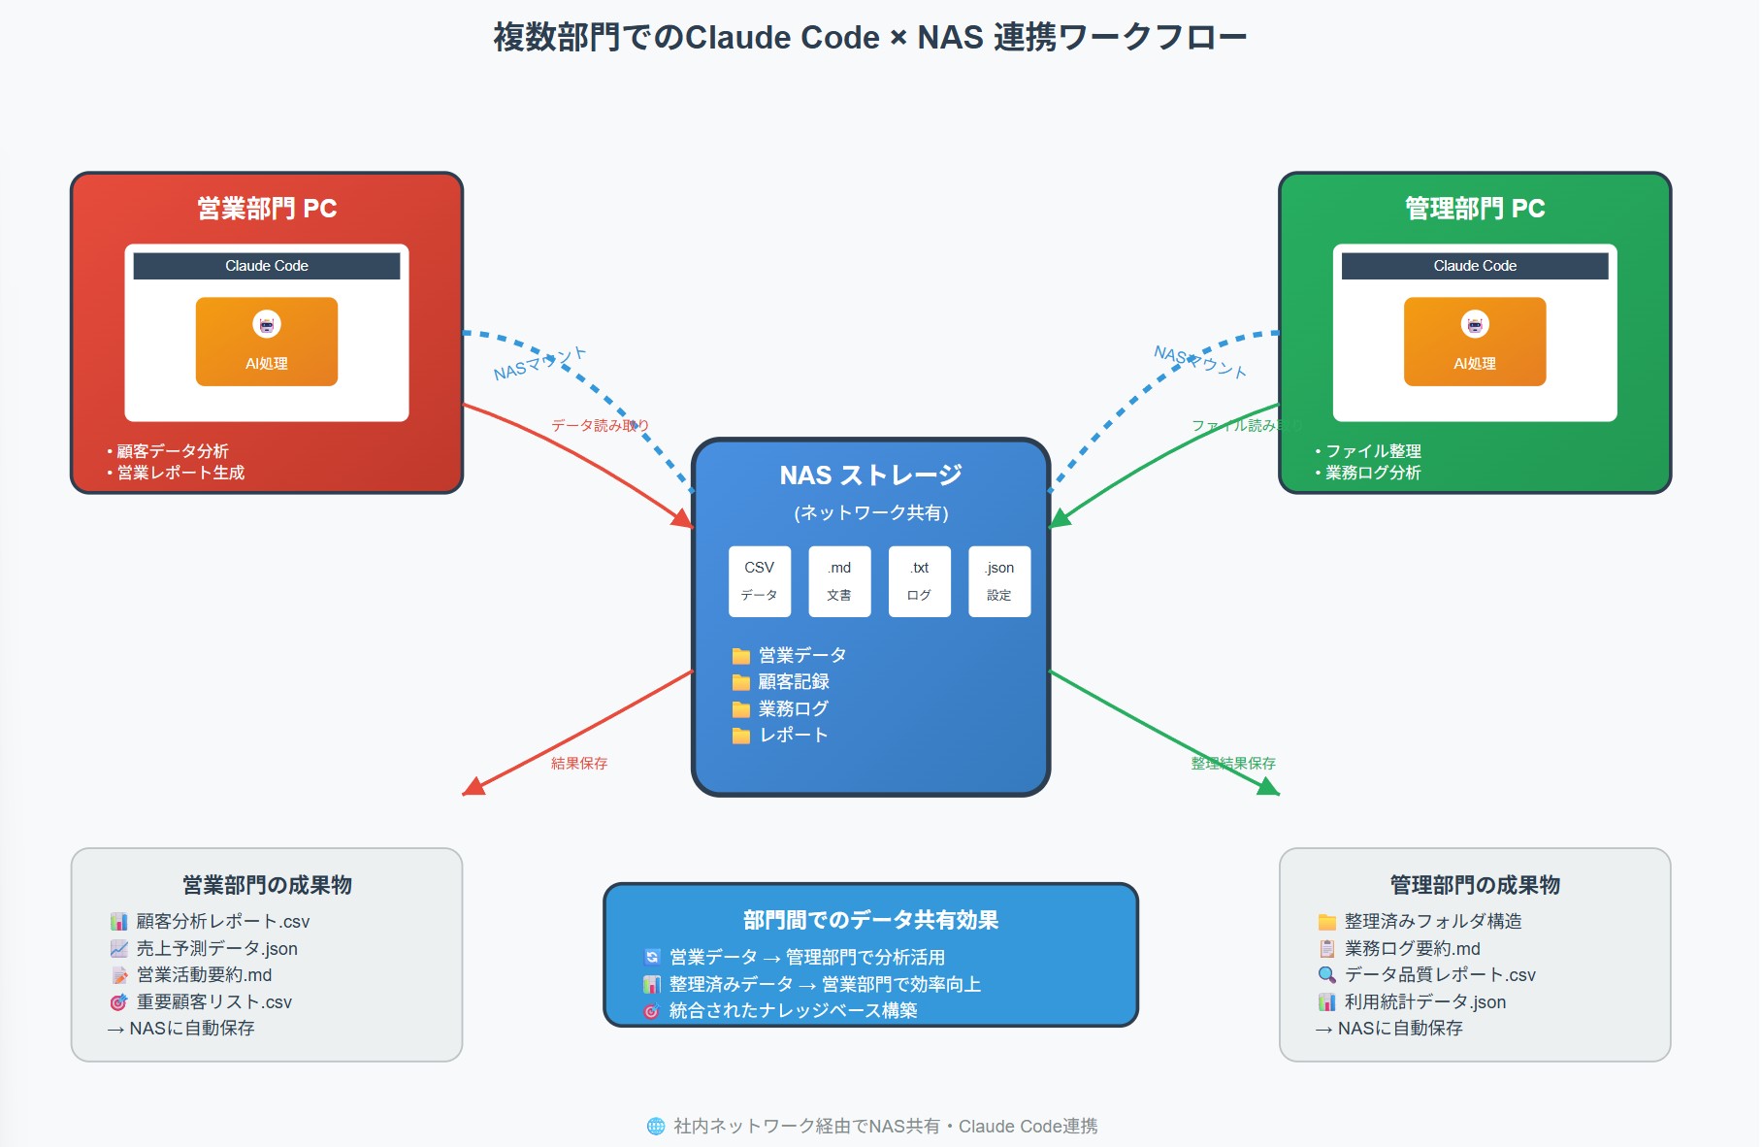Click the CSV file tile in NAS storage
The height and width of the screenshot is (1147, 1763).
[x=760, y=580]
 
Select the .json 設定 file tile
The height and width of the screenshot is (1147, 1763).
[x=999, y=580]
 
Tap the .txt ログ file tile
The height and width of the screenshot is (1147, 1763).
[x=919, y=580]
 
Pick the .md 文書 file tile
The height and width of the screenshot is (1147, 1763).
[x=839, y=580]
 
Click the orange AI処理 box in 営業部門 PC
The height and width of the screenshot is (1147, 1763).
[x=267, y=342]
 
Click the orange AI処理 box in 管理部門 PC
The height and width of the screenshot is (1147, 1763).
[x=1474, y=342]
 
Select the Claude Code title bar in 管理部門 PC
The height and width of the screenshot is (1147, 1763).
[x=1474, y=266]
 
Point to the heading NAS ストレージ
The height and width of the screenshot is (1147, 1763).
[x=870, y=475]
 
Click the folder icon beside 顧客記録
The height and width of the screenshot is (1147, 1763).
[x=741, y=682]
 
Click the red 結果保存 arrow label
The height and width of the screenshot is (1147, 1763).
[x=579, y=764]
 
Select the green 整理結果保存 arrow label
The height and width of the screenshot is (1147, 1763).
[x=1232, y=764]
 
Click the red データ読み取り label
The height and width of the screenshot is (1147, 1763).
[x=600, y=425]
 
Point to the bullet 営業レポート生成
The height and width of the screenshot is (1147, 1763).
[x=180, y=473]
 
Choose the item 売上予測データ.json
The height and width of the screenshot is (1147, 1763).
[x=216, y=948]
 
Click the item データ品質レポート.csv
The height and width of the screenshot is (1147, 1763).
[x=1439, y=974]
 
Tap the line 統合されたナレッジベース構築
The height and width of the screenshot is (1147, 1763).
[x=793, y=1010]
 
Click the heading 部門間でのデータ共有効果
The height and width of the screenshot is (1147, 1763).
[x=870, y=919]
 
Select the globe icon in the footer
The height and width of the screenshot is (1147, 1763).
[x=656, y=1126]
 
